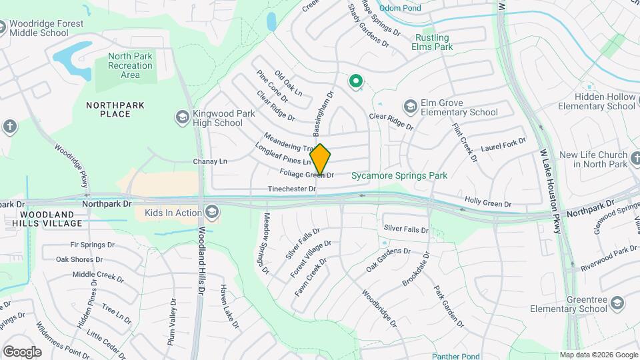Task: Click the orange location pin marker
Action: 321,159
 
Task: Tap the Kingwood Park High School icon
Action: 181,117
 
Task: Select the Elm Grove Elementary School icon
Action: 410,106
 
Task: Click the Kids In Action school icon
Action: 213,213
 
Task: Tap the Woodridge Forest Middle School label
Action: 46,29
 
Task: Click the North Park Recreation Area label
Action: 130,65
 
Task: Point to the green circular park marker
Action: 356,81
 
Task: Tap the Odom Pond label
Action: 401,8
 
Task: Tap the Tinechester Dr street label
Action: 291,189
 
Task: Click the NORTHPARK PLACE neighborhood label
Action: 109,109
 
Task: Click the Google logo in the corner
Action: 21,352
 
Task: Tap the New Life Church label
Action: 593,159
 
